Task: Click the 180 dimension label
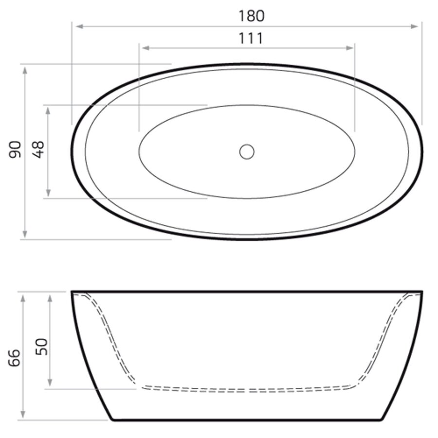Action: click(x=251, y=16)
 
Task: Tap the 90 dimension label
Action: click(x=16, y=149)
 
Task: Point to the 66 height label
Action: click(x=16, y=358)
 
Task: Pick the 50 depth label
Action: click(x=43, y=347)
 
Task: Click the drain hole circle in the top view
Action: click(x=247, y=151)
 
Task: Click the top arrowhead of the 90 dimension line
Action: click(x=25, y=69)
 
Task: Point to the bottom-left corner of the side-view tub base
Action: click(x=111, y=419)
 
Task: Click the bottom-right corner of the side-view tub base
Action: click(x=385, y=419)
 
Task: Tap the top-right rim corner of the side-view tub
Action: click(x=421, y=292)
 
